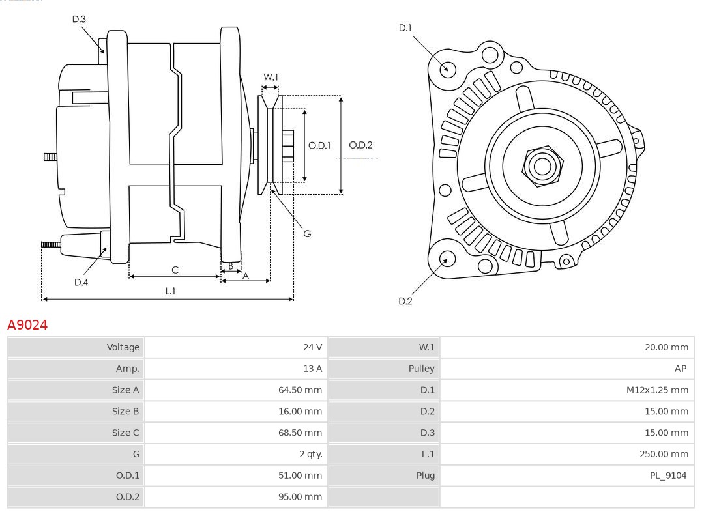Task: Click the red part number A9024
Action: point(27,324)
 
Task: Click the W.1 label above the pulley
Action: point(271,78)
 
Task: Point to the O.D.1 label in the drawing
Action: point(319,145)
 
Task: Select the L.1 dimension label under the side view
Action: point(170,291)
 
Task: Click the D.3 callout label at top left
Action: point(79,20)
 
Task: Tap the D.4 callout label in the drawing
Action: point(81,282)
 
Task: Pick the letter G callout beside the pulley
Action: point(307,233)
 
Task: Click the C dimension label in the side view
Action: point(175,270)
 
